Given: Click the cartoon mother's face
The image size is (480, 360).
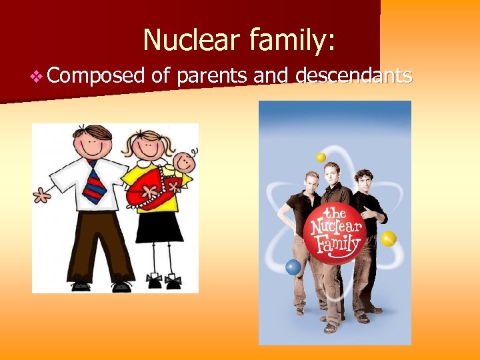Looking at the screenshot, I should click(150, 149).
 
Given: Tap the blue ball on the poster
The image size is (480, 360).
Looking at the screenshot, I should click(293, 267).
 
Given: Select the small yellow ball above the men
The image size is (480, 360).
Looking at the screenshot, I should click(321, 157).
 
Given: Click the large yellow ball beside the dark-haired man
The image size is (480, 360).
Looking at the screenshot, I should click(388, 238).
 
